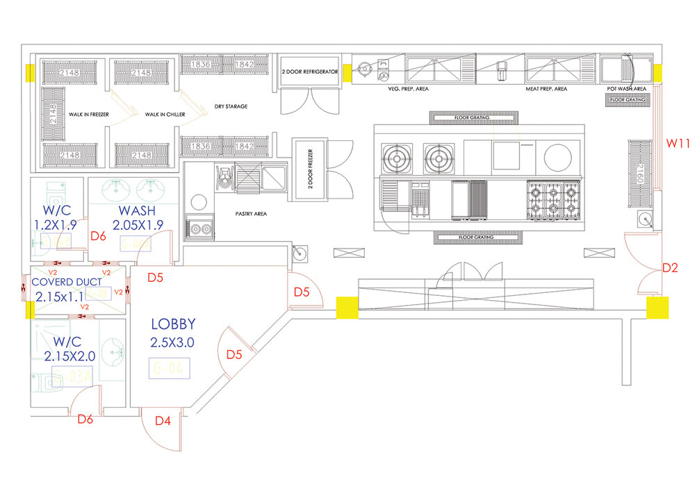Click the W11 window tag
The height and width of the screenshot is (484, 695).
pos(678,144)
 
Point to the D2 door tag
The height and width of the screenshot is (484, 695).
pos(670,267)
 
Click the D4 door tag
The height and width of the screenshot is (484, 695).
pos(163,420)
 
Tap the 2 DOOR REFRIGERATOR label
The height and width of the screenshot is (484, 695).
pos(309,72)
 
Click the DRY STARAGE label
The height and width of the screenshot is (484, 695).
pos(230,106)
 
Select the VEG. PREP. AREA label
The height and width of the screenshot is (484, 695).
pos(408,89)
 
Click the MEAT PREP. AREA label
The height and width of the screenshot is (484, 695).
pos(546,89)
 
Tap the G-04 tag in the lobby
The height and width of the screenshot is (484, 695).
pos(170,369)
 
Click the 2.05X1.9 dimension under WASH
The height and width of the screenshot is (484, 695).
pos(137,225)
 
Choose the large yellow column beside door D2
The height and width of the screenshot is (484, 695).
pos(657,308)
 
